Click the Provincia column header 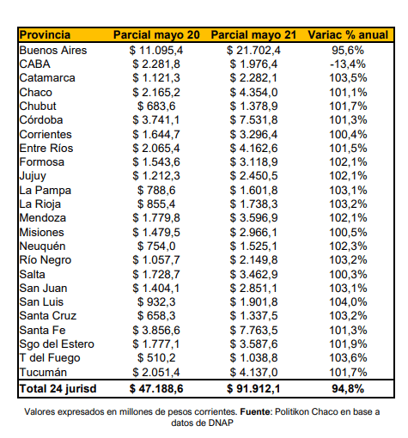click(x=45, y=35)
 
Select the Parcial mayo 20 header click(x=156, y=35)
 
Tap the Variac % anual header click(x=348, y=35)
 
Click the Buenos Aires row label click(x=53, y=51)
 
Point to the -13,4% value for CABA click(x=348, y=64)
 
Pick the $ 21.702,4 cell click(x=253, y=51)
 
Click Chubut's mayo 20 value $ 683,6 click(x=156, y=106)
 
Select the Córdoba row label click(x=41, y=120)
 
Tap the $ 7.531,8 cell click(x=253, y=120)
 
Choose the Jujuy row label click(x=33, y=176)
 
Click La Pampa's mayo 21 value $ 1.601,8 click(x=253, y=191)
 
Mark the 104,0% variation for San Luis click(x=348, y=302)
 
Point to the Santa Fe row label click(x=42, y=331)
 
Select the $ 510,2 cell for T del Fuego click(x=156, y=358)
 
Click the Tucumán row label click(x=43, y=373)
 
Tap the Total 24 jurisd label click(x=58, y=389)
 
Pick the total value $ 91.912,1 click(x=253, y=389)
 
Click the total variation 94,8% click(x=348, y=389)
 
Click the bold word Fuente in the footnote click(x=255, y=412)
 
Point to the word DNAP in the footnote click(x=221, y=423)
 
